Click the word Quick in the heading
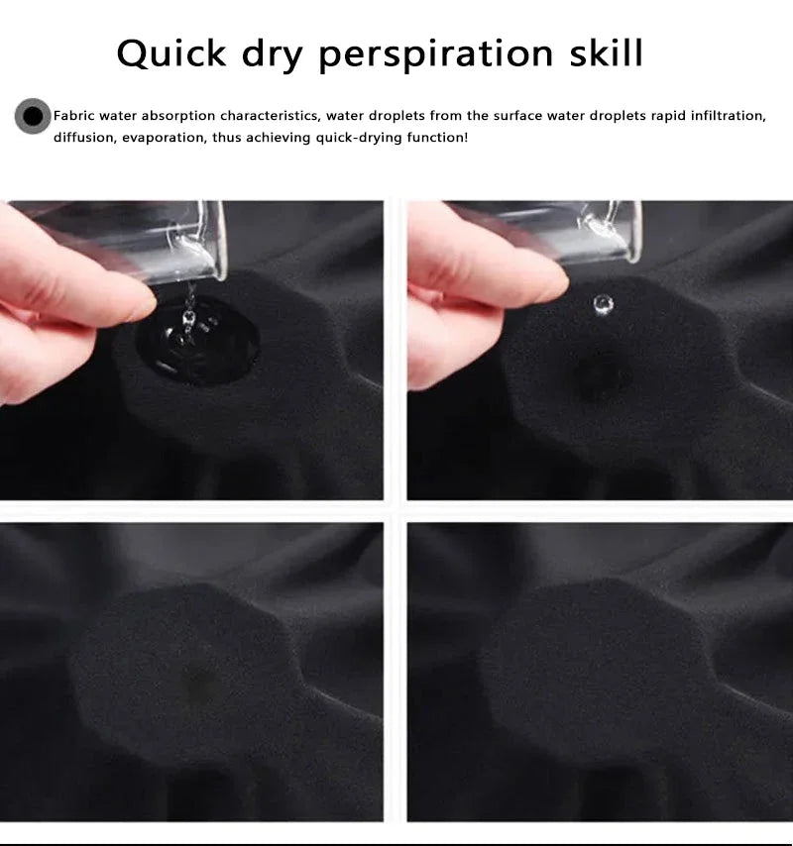coord(171,53)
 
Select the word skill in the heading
coord(607,53)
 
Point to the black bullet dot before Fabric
coord(33,116)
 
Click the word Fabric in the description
coord(74,116)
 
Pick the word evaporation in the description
coord(165,138)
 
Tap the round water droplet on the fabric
coord(603,304)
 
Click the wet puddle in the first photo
coord(197,341)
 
